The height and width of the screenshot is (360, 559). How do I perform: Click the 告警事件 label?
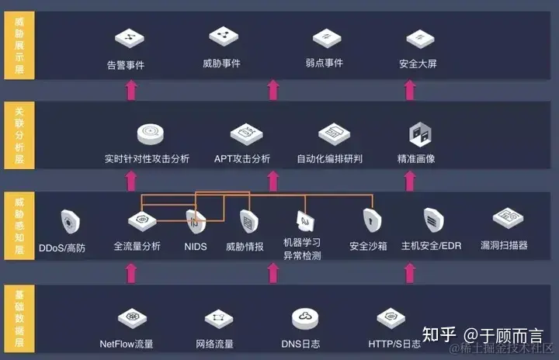pos(126,65)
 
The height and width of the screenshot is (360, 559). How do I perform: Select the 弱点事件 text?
pos(324,63)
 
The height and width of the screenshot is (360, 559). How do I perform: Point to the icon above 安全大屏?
pos(418,36)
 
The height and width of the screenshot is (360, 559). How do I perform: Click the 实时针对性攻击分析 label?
pos(147,159)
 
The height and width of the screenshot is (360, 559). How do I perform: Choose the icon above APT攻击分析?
pos(243,133)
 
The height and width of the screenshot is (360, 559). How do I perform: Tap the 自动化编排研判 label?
pos(330,159)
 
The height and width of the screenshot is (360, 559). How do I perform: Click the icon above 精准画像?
pos(420,133)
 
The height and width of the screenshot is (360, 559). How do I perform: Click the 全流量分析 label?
pos(137,247)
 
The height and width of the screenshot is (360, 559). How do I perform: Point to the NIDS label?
pos(196,247)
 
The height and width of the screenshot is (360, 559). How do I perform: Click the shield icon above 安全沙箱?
pos(370,221)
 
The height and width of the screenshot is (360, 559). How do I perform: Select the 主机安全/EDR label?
pos(431,247)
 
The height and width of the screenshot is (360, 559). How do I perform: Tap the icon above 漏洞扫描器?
pos(506,218)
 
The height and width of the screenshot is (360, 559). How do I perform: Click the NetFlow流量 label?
pos(127,344)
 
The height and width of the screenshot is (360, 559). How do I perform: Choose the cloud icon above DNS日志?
pos(302,318)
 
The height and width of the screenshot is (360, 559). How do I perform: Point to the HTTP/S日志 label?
pos(394,344)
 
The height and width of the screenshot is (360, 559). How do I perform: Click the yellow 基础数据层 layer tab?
pos(19,317)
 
